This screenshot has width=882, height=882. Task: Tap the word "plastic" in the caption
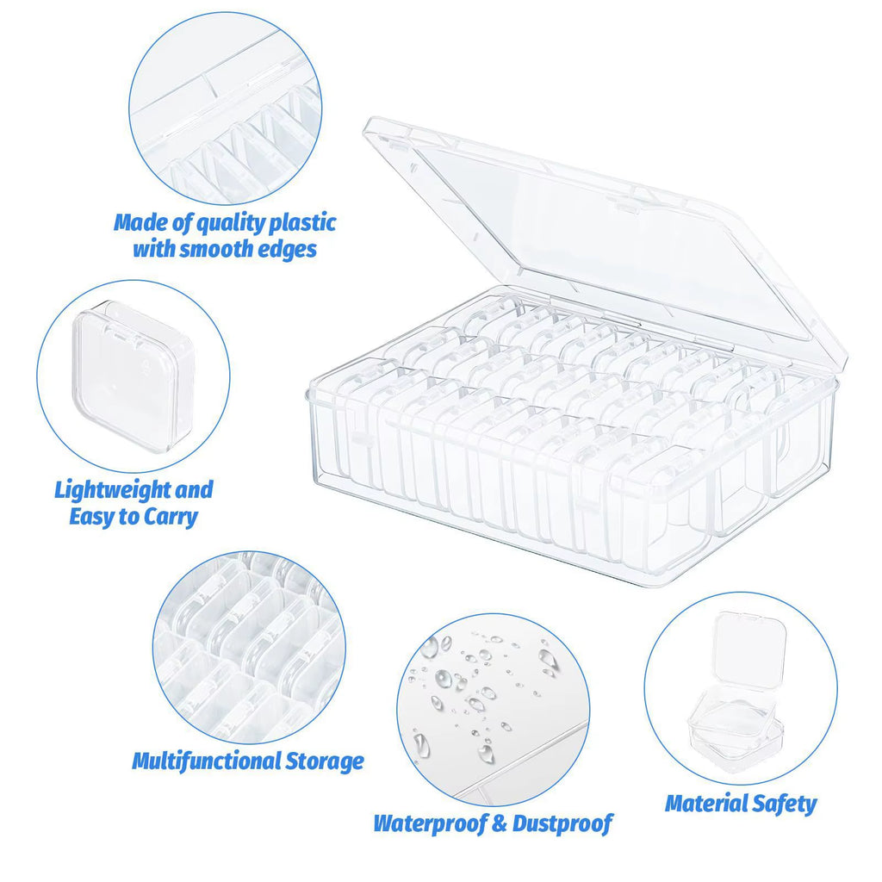point(301,223)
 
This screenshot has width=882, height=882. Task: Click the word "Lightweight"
point(113,491)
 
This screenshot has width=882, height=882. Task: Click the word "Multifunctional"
point(206,761)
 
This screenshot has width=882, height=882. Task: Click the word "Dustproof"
point(562,823)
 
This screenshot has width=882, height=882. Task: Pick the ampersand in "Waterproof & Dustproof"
point(499,823)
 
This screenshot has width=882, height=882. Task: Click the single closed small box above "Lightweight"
point(133,375)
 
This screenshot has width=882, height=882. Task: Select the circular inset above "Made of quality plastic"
point(226,108)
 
